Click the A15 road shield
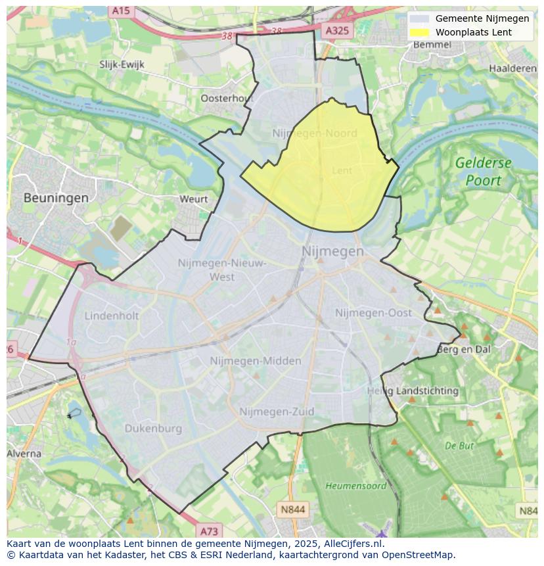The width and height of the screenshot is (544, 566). tap(121, 11)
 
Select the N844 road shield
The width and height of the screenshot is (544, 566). tap(292, 509)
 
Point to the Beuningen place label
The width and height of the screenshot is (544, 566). tap(56, 197)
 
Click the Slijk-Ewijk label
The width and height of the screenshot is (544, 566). tap(122, 64)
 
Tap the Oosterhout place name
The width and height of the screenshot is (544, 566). tap(227, 98)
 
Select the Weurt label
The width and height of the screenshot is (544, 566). tap(193, 199)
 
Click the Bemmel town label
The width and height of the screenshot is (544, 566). tap(432, 45)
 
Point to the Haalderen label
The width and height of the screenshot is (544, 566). tap(513, 68)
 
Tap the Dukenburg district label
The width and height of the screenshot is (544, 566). tap(153, 429)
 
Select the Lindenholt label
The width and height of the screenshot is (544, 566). tap(112, 316)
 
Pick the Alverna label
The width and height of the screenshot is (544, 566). tap(24, 454)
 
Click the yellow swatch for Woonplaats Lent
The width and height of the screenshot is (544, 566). tap(419, 32)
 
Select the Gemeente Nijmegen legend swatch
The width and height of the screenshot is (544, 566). tap(419, 19)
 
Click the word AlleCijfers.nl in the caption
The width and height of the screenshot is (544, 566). tap(353, 544)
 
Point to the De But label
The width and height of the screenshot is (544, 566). tap(459, 445)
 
